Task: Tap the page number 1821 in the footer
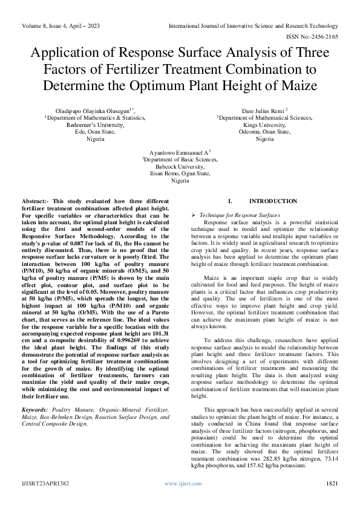(332, 484)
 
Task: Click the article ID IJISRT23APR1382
(43, 484)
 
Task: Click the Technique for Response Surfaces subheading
(236, 215)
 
